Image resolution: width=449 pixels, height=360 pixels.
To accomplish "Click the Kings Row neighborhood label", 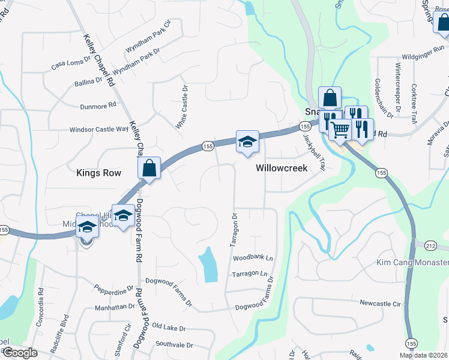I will point(99,173).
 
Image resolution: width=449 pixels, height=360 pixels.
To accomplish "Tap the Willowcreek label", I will point(282,168).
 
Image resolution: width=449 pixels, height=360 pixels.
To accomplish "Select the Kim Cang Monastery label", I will point(412,263).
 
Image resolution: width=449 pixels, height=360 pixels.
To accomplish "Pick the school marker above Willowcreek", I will point(247,142).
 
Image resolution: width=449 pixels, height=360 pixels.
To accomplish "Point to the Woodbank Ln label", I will point(253,258).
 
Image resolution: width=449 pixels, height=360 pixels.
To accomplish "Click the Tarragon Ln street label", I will point(250,274).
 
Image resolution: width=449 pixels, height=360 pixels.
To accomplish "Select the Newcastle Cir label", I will point(380,304).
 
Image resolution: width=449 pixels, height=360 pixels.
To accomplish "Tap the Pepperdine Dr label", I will point(113,291).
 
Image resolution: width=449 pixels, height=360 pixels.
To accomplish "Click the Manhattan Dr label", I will point(115,306).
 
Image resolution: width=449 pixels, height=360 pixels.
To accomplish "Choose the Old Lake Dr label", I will point(169,328).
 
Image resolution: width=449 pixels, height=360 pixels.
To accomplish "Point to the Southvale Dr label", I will point(174,345).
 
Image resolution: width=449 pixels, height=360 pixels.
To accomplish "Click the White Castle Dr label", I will point(181,107).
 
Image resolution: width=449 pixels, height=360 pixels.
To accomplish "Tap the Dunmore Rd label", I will point(98,106).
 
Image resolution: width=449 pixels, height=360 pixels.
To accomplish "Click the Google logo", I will point(20,353).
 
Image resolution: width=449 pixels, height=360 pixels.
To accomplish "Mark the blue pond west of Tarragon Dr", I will point(208,265).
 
